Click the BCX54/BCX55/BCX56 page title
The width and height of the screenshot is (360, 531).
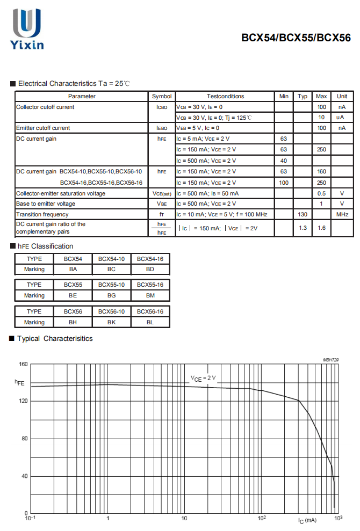[x=296, y=38]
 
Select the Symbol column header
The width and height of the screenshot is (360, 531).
[x=161, y=96]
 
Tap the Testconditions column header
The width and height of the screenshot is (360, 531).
[x=225, y=96]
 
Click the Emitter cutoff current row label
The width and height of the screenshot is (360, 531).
[x=43, y=128]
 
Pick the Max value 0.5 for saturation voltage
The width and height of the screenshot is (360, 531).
[x=321, y=193]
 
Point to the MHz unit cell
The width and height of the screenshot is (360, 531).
[x=342, y=214]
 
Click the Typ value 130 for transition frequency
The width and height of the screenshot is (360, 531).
[x=303, y=214]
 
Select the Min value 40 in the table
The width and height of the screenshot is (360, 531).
[x=284, y=161]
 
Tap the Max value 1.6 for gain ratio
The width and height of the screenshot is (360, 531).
[x=321, y=228]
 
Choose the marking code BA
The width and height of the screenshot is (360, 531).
[x=73, y=269]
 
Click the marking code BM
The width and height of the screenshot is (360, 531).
[x=150, y=295]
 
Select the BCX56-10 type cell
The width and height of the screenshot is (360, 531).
[x=111, y=311]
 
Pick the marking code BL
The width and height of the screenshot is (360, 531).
[x=150, y=322]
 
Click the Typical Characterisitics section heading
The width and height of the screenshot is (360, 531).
[x=55, y=338]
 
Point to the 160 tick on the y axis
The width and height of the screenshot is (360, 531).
[x=23, y=364]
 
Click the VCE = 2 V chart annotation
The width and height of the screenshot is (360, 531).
[x=203, y=378]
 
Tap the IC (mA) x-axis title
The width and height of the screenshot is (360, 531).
[x=307, y=520]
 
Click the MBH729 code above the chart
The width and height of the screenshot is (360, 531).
[x=331, y=360]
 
